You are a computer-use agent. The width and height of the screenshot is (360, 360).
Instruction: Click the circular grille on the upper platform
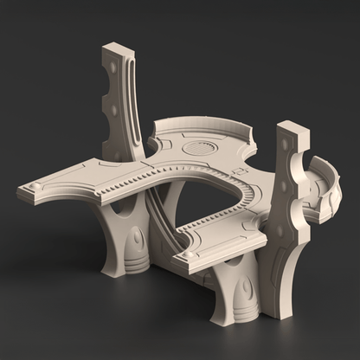202,148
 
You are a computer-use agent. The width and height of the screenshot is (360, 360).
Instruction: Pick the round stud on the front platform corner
183,256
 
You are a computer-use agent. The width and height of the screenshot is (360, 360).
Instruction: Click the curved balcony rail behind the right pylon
324,186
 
